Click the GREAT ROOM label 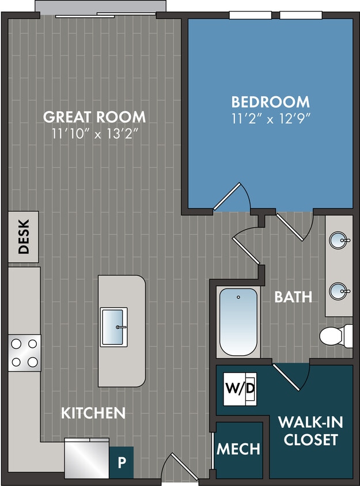click(x=94, y=117)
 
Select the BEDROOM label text click(x=270, y=102)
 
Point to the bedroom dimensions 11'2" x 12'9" click(x=270, y=119)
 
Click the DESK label click(x=24, y=237)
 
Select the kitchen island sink click(x=114, y=327)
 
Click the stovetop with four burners click(x=24, y=352)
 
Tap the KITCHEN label click(x=93, y=413)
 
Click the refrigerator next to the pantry click(x=86, y=457)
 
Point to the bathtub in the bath click(x=238, y=322)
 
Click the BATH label click(x=293, y=297)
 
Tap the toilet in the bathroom click(x=336, y=335)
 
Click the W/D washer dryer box click(x=240, y=389)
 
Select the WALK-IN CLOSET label click(x=310, y=431)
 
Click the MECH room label click(x=238, y=449)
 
